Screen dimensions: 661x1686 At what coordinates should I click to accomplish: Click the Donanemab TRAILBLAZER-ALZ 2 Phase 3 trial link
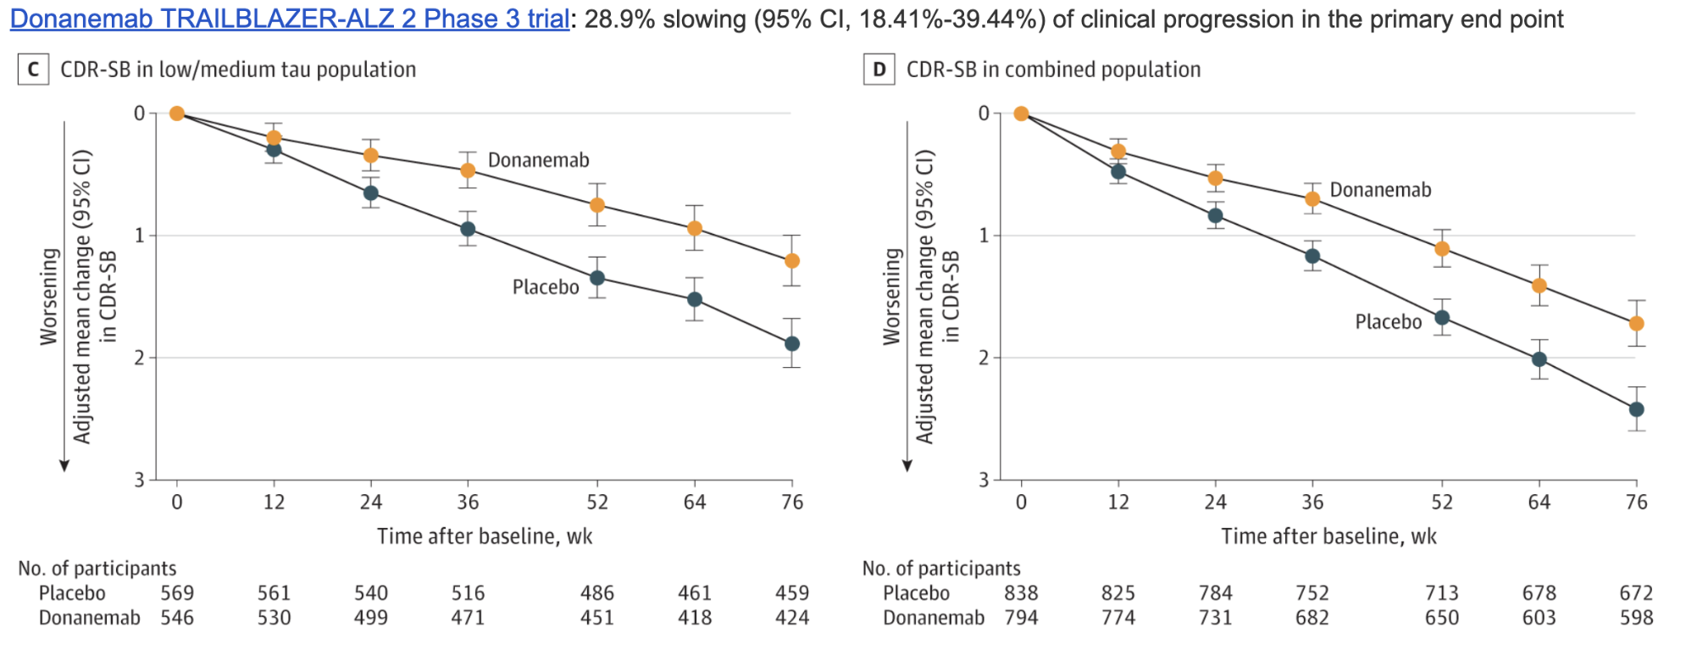[x=289, y=19]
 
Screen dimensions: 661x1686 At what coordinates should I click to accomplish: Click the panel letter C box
[x=33, y=69]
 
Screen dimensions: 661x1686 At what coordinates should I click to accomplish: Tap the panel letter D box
[x=879, y=69]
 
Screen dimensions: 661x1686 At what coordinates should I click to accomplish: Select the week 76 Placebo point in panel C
[x=792, y=343]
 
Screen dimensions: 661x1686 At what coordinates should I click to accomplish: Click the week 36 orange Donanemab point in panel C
[x=468, y=170]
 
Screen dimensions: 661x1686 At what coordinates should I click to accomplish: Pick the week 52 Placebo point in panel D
[x=1442, y=318]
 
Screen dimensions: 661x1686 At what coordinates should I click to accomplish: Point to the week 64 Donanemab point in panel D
[x=1539, y=286]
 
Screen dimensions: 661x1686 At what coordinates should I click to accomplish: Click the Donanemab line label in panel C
[x=538, y=160]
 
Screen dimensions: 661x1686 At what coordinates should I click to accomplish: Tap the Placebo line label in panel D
[x=1388, y=322]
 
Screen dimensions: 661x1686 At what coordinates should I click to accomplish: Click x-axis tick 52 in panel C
[x=597, y=503]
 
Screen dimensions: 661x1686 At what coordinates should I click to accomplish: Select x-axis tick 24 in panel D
[x=1215, y=503]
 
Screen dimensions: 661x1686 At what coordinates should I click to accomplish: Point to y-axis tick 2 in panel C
[x=140, y=358]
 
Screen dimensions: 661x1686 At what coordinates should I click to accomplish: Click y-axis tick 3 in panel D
[x=984, y=480]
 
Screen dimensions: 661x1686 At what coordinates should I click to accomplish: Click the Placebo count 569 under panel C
[x=177, y=593]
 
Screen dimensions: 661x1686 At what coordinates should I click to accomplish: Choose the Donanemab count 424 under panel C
[x=792, y=618]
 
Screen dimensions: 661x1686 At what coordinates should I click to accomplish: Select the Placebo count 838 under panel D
[x=1021, y=593]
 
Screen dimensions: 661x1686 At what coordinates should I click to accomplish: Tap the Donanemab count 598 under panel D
[x=1636, y=618]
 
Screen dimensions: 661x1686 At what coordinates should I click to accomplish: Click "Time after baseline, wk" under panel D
[x=1328, y=536]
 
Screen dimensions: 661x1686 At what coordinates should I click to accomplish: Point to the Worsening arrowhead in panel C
[x=64, y=465]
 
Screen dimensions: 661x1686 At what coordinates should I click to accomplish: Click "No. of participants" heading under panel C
[x=97, y=569]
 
